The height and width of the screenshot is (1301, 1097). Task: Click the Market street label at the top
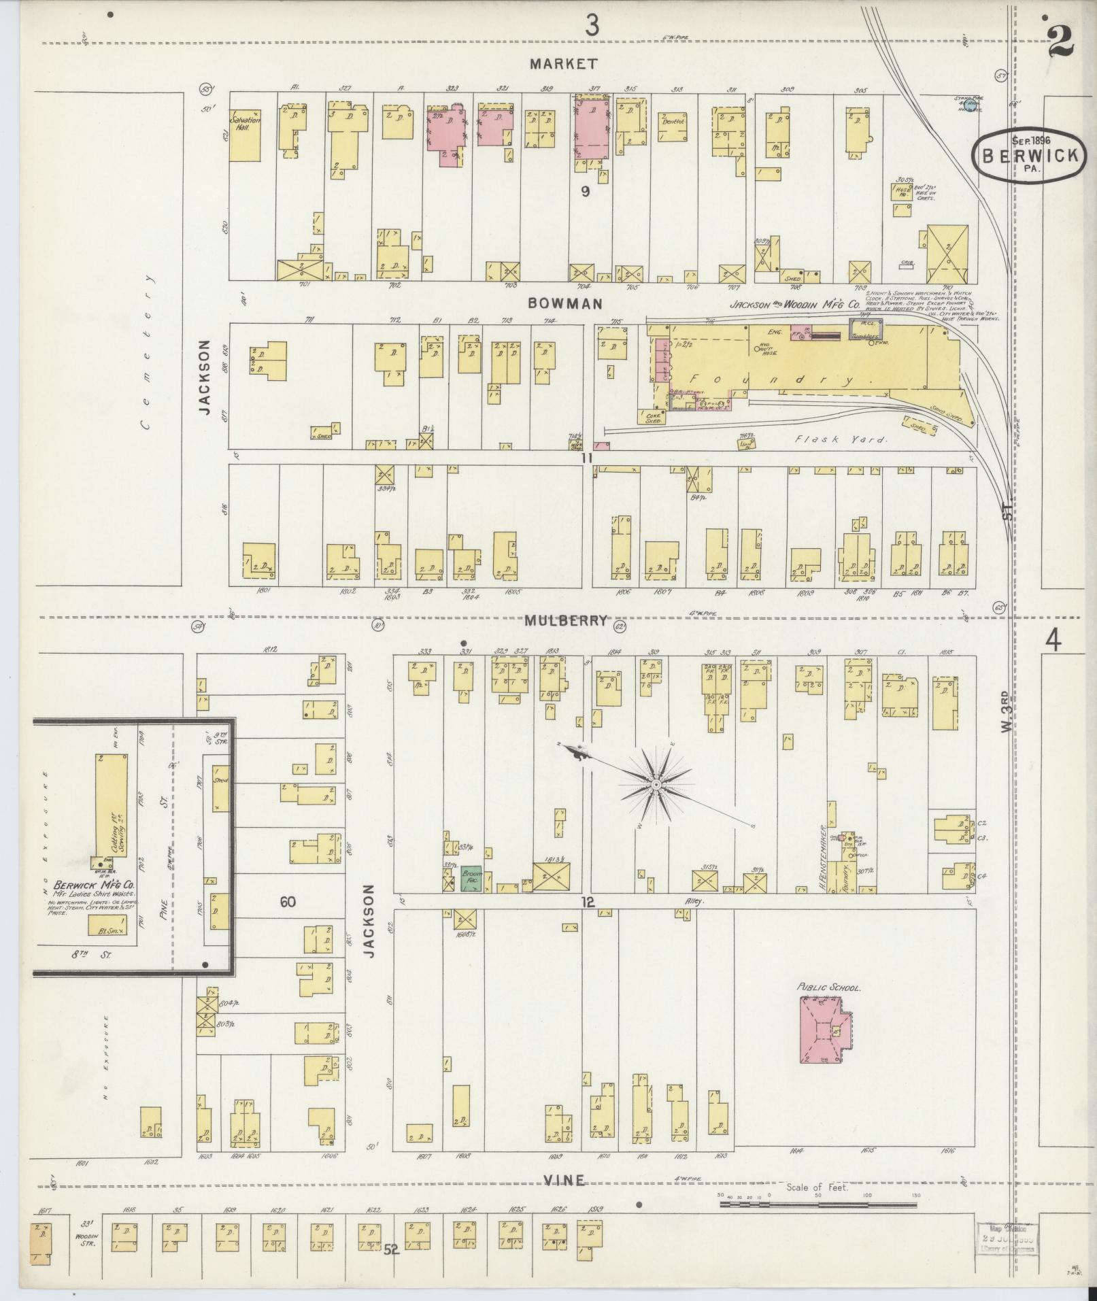(564, 64)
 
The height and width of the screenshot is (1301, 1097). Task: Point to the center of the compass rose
(656, 785)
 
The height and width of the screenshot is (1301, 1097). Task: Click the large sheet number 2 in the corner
(1060, 41)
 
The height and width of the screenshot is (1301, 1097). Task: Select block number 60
(288, 902)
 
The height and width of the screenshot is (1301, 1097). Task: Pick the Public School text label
(828, 987)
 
